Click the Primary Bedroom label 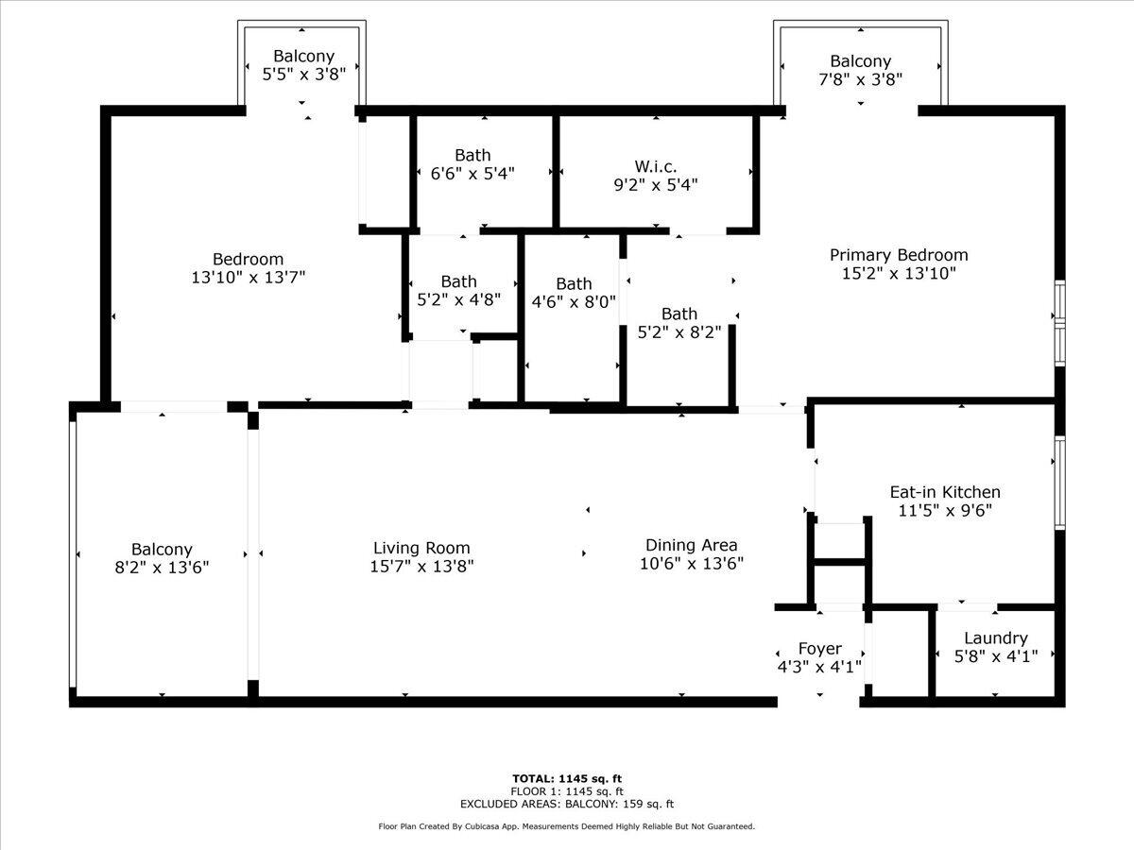tap(899, 255)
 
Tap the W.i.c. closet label tap(656, 166)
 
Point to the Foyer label tap(819, 649)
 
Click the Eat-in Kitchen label tap(945, 492)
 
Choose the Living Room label tap(421, 548)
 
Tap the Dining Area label tap(692, 545)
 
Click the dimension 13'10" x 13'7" tap(248, 277)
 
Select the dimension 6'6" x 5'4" tap(472, 173)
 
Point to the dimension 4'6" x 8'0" tap(574, 302)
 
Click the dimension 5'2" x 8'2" tap(679, 331)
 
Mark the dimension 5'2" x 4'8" tap(458, 299)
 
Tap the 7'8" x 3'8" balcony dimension tap(860, 79)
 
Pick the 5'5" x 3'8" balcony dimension tap(303, 75)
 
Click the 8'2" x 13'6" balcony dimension tap(162, 568)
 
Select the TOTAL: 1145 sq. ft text tap(567, 778)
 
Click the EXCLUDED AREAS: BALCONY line tap(567, 804)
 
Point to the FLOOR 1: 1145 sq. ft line tap(567, 791)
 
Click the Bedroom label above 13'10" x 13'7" tap(248, 259)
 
